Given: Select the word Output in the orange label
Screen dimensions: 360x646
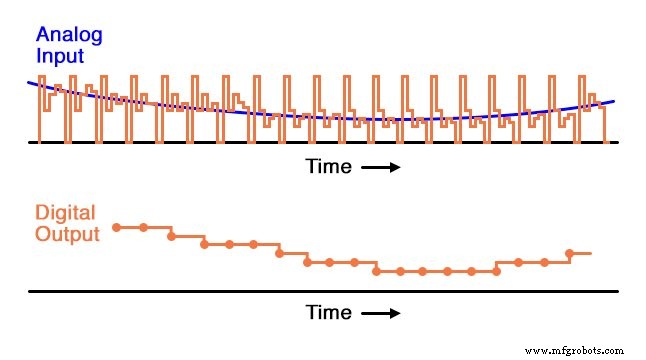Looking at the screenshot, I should [67, 235].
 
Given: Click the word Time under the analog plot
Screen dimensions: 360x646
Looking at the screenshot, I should [329, 167].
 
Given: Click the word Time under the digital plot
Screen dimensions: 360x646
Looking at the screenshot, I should [329, 313].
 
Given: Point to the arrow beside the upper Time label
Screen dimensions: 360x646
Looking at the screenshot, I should [380, 168].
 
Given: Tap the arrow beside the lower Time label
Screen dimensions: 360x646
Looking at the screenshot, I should [380, 314].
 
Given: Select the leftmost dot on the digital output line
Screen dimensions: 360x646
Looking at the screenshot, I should [116, 228].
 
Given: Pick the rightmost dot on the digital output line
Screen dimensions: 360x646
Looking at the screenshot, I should [569, 253].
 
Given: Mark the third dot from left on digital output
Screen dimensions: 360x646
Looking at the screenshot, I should [172, 236].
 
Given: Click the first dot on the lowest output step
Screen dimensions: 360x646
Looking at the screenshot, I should [376, 271].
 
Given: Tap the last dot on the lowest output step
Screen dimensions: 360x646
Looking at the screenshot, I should [496, 271].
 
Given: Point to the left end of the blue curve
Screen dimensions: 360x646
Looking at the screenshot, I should [31, 80].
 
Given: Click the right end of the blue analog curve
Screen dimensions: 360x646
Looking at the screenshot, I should [612, 101].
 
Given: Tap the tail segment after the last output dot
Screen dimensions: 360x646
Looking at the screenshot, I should [581, 253].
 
